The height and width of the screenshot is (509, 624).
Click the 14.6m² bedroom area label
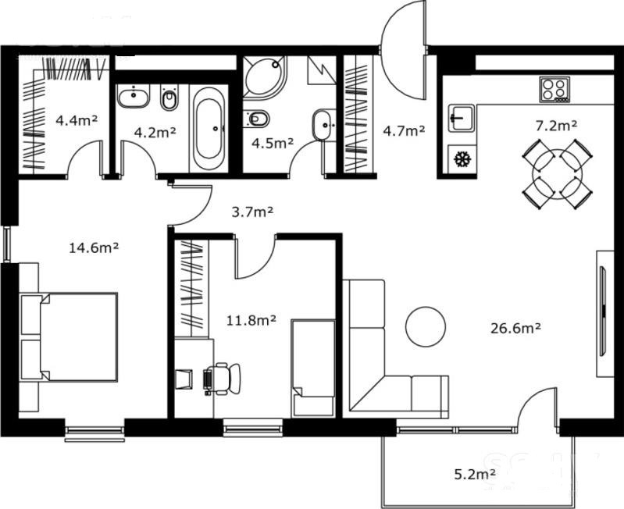(x=94, y=247)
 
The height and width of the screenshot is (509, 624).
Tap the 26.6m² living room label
(x=515, y=329)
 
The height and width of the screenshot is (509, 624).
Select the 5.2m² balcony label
(x=475, y=474)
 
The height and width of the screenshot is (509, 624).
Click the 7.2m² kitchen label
(x=556, y=126)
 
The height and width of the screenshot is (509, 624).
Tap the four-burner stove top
(x=554, y=90)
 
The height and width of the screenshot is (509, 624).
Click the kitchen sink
(x=462, y=118)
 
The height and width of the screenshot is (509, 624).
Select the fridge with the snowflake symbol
(x=462, y=159)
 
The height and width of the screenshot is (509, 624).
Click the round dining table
(x=557, y=174)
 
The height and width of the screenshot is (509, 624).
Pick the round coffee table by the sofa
(x=426, y=326)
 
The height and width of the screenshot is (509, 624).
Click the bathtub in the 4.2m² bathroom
(x=209, y=129)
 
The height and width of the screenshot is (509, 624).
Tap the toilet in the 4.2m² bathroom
(x=169, y=98)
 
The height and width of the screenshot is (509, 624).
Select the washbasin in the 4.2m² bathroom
(x=134, y=96)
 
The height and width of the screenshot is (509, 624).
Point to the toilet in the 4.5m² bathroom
(x=256, y=119)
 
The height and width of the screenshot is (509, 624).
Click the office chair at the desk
(x=222, y=379)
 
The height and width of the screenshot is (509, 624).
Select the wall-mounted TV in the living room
(x=604, y=311)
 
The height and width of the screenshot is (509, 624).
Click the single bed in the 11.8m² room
(x=313, y=368)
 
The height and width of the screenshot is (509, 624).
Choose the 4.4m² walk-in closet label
(x=77, y=119)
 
